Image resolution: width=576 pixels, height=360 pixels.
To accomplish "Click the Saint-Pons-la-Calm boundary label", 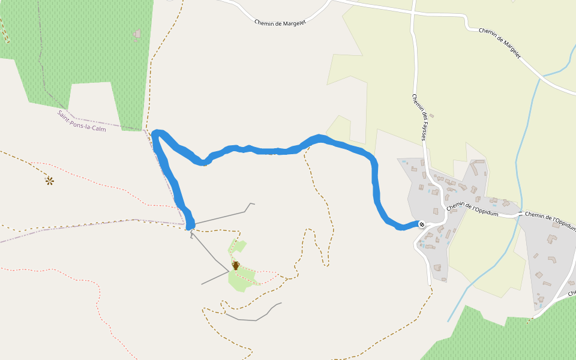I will click(x=82, y=121).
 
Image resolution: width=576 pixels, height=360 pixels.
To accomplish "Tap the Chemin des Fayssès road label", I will click(x=419, y=118).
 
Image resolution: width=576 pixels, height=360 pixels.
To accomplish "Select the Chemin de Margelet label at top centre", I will click(x=280, y=23).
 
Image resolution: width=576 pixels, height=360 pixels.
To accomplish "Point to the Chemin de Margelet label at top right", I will click(x=500, y=43).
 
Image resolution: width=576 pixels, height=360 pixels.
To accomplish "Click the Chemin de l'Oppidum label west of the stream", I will click(x=472, y=208).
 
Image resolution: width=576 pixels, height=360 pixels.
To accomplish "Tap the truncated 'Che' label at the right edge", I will click(x=571, y=293).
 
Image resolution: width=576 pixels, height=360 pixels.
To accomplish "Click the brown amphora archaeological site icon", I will click(x=236, y=265).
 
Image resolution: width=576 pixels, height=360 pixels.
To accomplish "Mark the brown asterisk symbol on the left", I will click(x=49, y=180).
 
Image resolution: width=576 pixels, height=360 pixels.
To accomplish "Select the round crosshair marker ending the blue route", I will click(x=422, y=224).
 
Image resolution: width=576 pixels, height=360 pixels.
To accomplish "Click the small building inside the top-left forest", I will click(x=137, y=34).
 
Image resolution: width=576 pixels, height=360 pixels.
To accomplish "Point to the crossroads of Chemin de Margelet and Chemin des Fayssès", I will click(x=413, y=12).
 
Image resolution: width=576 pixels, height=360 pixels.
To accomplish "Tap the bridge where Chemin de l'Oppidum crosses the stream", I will click(x=518, y=214).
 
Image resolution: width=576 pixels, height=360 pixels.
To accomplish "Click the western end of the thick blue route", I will click(x=190, y=226).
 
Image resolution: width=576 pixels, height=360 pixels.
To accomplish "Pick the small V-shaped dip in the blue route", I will click(x=205, y=161).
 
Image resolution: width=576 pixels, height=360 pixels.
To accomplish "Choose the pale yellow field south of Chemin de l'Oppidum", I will click(x=486, y=264).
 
